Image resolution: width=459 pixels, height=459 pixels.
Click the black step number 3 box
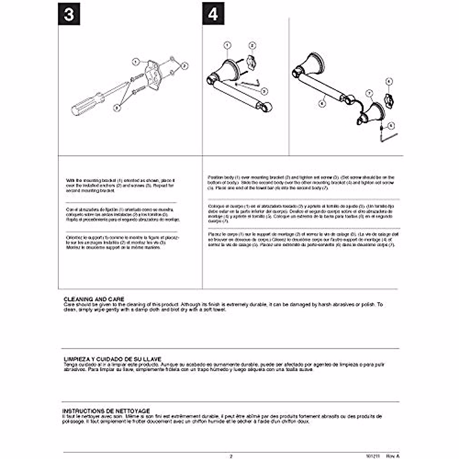[x=69, y=14]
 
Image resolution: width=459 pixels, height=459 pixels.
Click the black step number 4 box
[x=213, y=14]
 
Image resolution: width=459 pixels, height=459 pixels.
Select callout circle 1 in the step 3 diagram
[x=136, y=61]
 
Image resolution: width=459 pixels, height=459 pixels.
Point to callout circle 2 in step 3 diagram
[x=185, y=66]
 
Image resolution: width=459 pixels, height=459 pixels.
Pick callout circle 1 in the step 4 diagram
[x=227, y=46]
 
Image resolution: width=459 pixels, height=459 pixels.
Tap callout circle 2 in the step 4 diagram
[x=252, y=46]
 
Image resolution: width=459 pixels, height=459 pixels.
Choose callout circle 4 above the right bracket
[x=389, y=81]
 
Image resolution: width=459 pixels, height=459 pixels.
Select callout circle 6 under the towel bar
[x=322, y=103]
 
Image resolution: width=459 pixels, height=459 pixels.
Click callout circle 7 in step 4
[x=369, y=93]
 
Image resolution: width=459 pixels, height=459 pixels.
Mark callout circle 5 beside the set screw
[x=390, y=125]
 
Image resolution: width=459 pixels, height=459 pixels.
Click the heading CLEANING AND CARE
[x=94, y=299]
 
